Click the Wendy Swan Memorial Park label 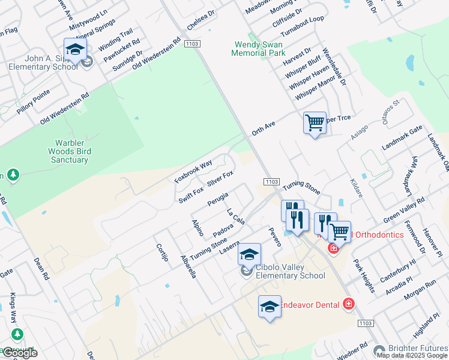pos(259,49)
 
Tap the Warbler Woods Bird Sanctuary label pos(70,151)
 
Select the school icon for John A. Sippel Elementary pos(76,50)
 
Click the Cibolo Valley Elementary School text pos(290,271)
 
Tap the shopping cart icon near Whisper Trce pos(315,123)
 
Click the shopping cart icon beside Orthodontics pos(339,232)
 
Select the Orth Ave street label pos(263,127)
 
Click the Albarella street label pos(188,266)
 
